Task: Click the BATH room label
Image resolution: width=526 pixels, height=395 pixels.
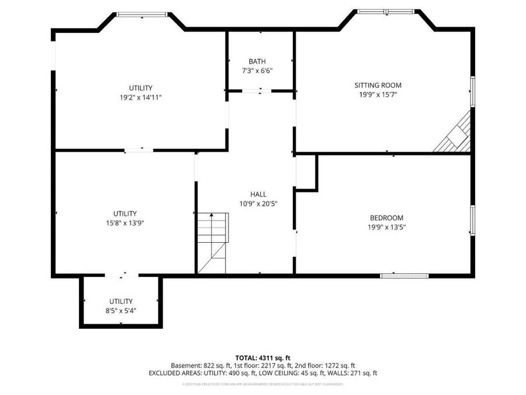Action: point(257,61)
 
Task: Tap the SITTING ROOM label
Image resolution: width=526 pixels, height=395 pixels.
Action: point(378,85)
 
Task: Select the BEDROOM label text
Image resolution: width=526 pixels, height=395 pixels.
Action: point(386,218)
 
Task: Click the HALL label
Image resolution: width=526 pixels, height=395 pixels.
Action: point(258,194)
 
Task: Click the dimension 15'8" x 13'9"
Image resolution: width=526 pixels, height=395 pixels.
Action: point(125,222)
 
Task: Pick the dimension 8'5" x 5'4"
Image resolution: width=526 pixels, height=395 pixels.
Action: point(120,310)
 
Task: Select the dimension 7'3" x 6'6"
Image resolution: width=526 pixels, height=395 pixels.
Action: point(257,70)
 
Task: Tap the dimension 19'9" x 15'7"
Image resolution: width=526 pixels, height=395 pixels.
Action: point(378,94)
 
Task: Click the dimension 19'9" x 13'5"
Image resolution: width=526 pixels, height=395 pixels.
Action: point(386,227)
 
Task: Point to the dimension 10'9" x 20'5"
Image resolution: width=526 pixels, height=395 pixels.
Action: point(258,204)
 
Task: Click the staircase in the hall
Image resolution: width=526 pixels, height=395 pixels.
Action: point(213,242)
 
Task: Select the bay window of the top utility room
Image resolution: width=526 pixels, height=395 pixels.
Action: point(142,14)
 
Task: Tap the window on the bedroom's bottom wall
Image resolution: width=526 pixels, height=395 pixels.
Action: point(404,275)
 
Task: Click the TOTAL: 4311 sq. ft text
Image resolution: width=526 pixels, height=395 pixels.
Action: point(262,357)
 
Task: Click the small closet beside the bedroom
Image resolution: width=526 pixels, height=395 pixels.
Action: point(305,173)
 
